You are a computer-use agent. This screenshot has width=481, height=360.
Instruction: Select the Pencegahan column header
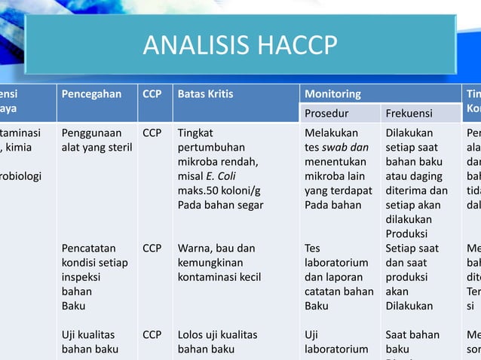coord(92,95)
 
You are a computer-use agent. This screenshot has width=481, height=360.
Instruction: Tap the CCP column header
coord(152,95)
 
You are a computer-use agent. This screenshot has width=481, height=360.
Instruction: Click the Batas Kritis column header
coord(205,95)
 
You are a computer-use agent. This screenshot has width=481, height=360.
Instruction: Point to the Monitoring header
coord(332,95)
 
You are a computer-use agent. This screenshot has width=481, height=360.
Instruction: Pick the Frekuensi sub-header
coord(409,114)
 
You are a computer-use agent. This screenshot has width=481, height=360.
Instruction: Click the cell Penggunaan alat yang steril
coord(97,140)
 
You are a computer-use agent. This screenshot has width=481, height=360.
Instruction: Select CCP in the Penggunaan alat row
coord(152,133)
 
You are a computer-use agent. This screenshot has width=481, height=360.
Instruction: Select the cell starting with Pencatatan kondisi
coord(94,276)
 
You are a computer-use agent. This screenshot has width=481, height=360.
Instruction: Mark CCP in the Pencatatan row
coord(152,248)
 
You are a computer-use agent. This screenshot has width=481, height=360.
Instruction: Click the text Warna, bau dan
coord(216,248)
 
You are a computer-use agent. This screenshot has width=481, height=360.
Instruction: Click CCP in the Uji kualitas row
coord(152,334)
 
